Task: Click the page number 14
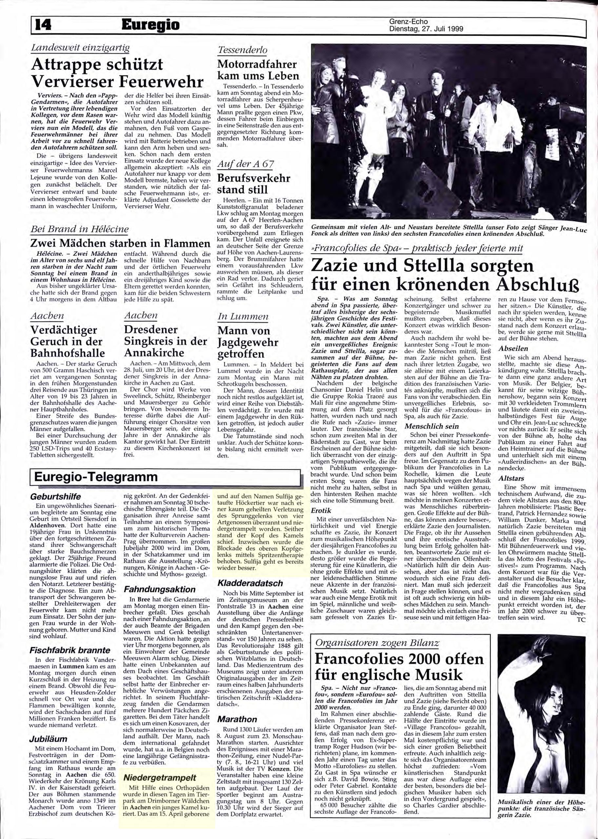pyautogui.click(x=44, y=25)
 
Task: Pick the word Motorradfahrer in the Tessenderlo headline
pyautogui.click(x=257, y=64)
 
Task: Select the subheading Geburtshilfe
pyautogui.click(x=55, y=497)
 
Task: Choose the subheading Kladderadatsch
pyautogui.click(x=250, y=583)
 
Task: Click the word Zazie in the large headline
pyautogui.click(x=338, y=266)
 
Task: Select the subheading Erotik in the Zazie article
pyautogui.click(x=321, y=511)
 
